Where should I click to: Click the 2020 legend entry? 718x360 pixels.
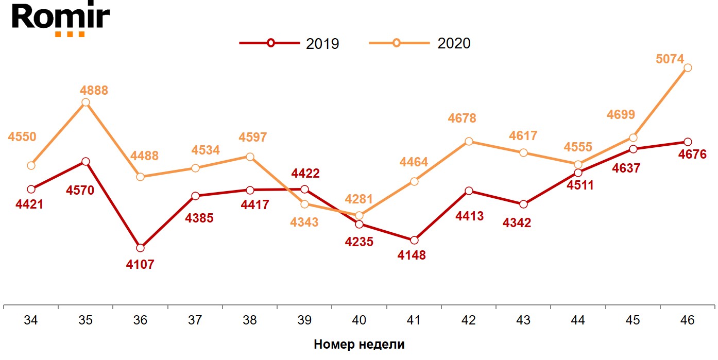click(x=420, y=43)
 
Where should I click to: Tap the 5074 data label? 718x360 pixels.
click(x=670, y=59)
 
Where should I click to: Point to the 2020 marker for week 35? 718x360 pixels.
click(x=86, y=102)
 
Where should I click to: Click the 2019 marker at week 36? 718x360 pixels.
click(x=140, y=248)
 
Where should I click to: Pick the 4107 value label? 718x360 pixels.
click(x=140, y=265)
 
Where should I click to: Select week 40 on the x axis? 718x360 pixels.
click(x=359, y=320)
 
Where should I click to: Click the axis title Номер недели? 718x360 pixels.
click(x=359, y=345)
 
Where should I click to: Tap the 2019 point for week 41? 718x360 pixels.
click(x=414, y=240)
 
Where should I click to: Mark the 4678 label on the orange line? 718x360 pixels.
click(x=462, y=118)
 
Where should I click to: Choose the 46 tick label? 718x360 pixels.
click(x=687, y=320)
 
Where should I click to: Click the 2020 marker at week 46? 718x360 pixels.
click(x=688, y=67)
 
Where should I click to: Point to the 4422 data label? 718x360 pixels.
click(x=305, y=174)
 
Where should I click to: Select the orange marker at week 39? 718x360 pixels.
click(x=304, y=204)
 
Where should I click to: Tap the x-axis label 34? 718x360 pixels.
click(x=31, y=320)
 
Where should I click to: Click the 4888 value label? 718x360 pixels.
click(x=94, y=91)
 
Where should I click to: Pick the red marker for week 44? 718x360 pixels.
click(x=578, y=173)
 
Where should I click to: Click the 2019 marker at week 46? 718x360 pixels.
click(x=688, y=142)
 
